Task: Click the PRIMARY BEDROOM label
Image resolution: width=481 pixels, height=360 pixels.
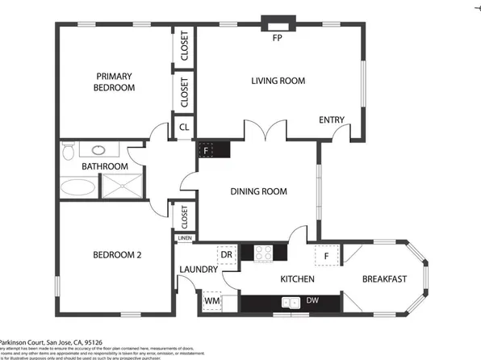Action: [x=114, y=82]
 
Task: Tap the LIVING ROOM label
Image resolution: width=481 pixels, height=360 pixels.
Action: [x=278, y=81]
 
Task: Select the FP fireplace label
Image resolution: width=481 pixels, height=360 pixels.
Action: [x=277, y=38]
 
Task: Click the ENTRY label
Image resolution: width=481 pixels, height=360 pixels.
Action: [x=332, y=120]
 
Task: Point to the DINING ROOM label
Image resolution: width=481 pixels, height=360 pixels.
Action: [x=259, y=191]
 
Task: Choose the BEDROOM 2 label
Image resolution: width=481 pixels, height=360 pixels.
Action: [x=117, y=255]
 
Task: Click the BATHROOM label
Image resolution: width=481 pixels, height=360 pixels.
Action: [x=105, y=167]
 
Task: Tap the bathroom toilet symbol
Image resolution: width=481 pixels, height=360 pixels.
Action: [x=69, y=151]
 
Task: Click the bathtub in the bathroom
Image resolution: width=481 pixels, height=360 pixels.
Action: [x=78, y=189]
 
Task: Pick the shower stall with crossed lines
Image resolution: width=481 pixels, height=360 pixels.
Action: [x=119, y=188]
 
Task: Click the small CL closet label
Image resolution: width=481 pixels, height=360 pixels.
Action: [x=184, y=128]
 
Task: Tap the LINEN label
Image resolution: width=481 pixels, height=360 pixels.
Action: [x=185, y=238]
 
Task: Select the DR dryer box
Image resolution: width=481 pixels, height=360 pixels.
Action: [x=227, y=255]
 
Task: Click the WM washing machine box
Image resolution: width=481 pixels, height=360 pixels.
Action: [x=212, y=301]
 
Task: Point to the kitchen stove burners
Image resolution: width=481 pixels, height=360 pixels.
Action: [x=263, y=253]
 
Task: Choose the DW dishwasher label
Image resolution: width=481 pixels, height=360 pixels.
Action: [x=312, y=301]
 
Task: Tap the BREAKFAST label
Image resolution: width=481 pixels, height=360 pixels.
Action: [x=383, y=279]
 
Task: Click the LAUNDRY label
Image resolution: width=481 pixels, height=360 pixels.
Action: [x=198, y=270]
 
